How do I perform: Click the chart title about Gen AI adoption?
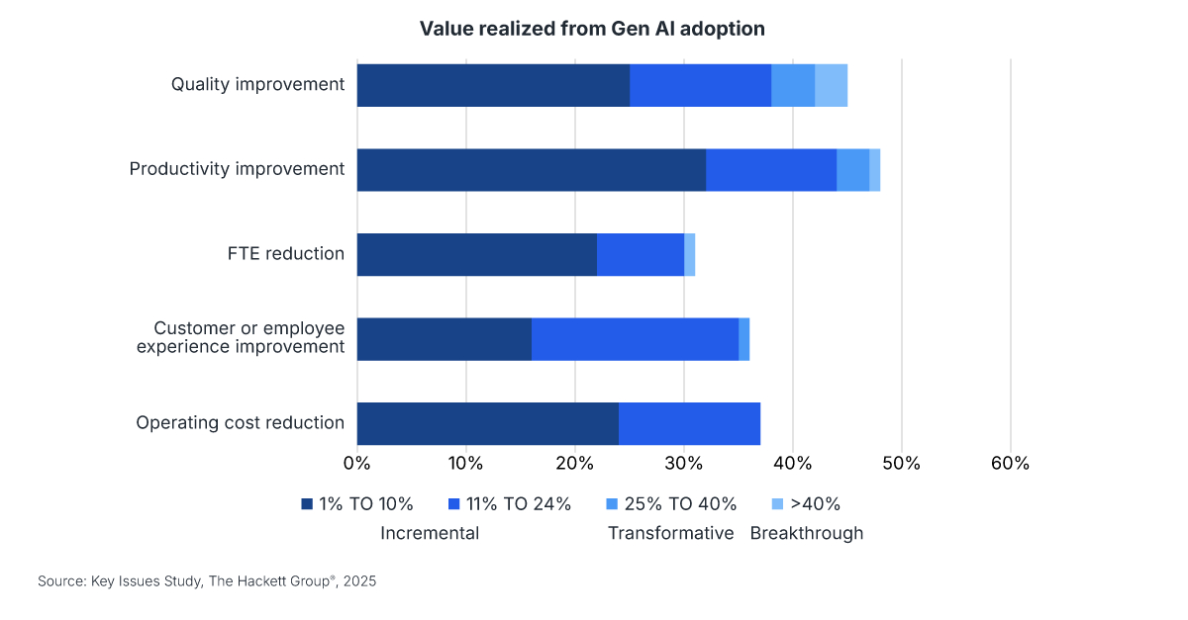pos(592,29)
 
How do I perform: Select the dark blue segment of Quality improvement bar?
pos(493,85)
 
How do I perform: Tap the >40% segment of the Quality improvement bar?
pos(831,85)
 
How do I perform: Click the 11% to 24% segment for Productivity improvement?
pos(771,170)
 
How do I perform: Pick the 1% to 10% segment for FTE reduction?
pos(476,254)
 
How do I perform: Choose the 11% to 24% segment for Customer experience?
pos(635,339)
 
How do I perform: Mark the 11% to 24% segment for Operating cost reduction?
pos(689,423)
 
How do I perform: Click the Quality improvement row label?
pos(257,84)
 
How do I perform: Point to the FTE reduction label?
pos(285,254)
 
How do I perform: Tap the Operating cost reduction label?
pos(240,423)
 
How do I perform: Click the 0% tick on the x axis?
pos(356,463)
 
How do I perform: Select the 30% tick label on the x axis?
pos(684,463)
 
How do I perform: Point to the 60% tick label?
pos(1010,463)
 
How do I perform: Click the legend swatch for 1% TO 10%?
pos(307,504)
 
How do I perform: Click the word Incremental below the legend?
pos(430,534)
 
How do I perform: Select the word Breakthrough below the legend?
pos(806,534)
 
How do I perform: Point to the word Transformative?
pos(670,534)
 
